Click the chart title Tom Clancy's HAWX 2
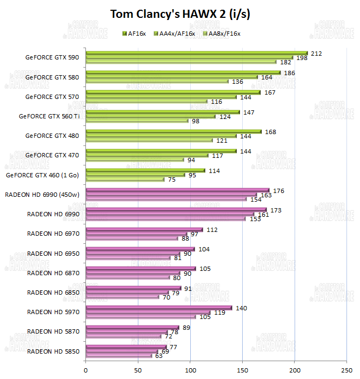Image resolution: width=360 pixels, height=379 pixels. pyautogui.click(x=180, y=14)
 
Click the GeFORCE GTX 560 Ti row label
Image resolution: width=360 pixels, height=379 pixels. pyautogui.click(x=49, y=116)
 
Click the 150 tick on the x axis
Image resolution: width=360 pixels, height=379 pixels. pyautogui.click(x=242, y=370)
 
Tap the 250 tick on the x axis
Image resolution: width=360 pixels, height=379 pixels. pyautogui.click(x=346, y=370)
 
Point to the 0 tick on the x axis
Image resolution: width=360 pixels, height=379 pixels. pyautogui.click(x=85, y=370)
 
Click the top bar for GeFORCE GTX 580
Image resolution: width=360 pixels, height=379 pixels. pyautogui.click(x=183, y=72)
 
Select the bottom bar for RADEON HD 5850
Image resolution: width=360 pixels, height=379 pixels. pyautogui.click(x=118, y=356)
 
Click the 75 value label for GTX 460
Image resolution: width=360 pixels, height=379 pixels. pyautogui.click(x=171, y=179)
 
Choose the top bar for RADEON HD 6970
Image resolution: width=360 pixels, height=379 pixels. pyautogui.click(x=144, y=229)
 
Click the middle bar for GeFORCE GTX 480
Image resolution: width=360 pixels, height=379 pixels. pyautogui.click(x=161, y=136)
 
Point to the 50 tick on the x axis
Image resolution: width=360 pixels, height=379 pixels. pyautogui.click(x=138, y=370)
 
